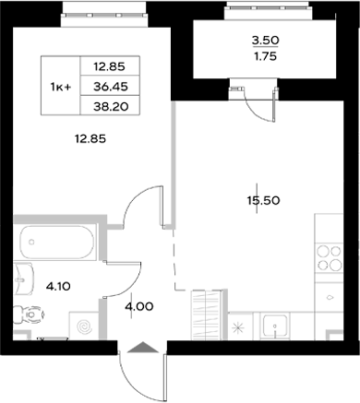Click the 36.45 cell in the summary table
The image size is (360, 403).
122,86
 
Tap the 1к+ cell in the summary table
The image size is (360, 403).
63,86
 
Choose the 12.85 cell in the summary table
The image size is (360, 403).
122,66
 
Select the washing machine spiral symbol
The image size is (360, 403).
86,326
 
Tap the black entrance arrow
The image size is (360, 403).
142,348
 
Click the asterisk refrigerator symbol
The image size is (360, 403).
238,327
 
